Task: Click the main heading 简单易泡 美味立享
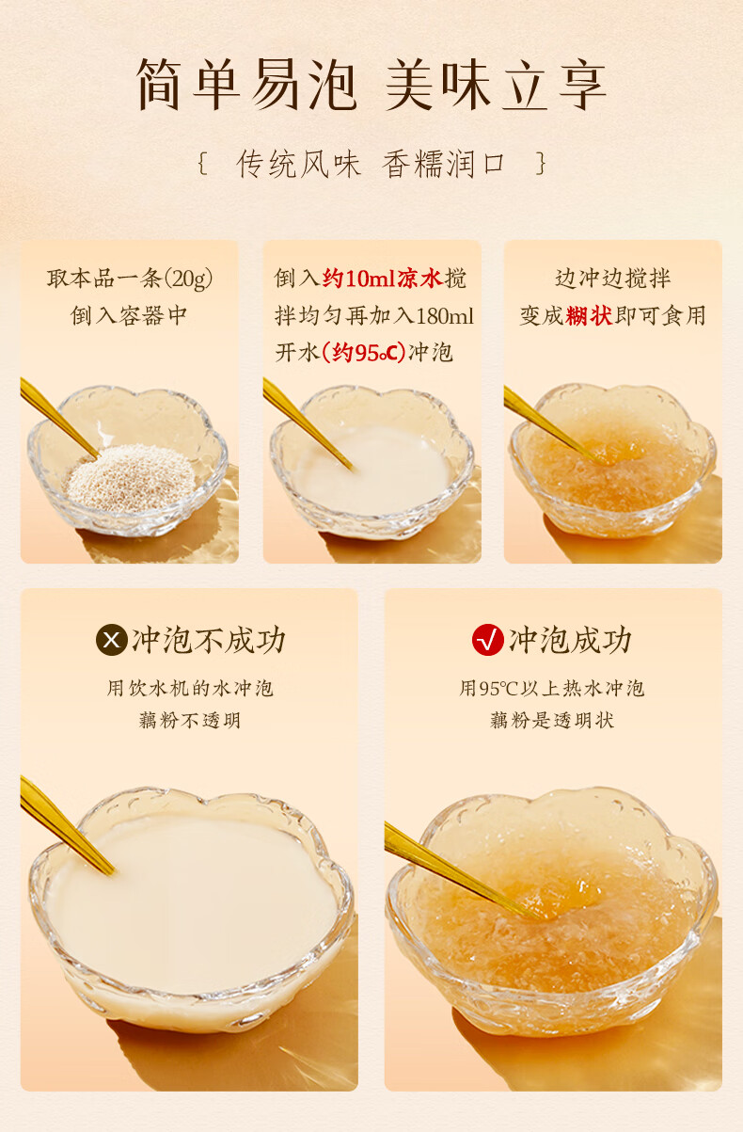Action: tap(371, 85)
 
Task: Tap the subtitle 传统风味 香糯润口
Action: tap(371, 165)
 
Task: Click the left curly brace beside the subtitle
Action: tap(202, 164)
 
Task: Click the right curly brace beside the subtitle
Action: tap(541, 164)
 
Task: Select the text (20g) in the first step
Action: tap(188, 279)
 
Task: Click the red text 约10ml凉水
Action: tap(383, 279)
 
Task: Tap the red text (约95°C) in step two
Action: tap(364, 353)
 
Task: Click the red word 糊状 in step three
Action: tap(589, 316)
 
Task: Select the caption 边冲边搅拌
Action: tap(612, 279)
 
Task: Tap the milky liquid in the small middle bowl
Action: tap(373, 468)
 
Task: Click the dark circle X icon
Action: tap(112, 640)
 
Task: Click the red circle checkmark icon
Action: tap(487, 640)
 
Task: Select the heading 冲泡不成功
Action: tap(209, 640)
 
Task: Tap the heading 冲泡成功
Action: tap(570, 640)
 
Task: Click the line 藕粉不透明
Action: tap(189, 720)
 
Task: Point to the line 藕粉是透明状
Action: tap(552, 720)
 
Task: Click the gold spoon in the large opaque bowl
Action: tap(67, 824)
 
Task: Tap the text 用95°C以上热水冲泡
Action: tap(551, 688)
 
